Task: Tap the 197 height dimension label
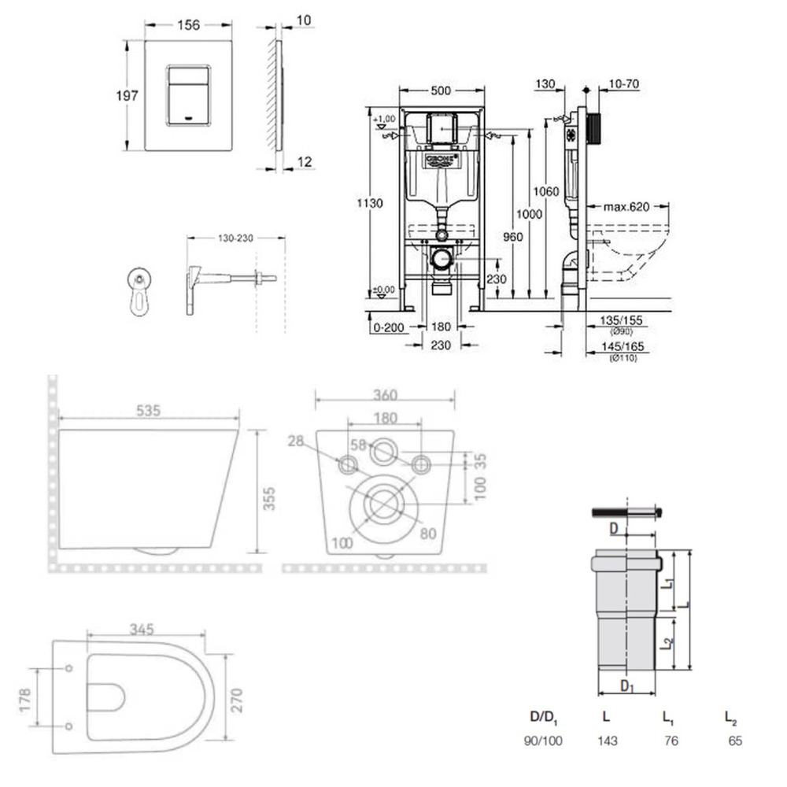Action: tap(127, 95)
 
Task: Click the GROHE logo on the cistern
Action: tap(442, 161)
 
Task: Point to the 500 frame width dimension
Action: tap(441, 91)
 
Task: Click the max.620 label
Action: tap(626, 208)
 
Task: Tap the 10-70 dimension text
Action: tap(622, 84)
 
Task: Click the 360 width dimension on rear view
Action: tap(385, 395)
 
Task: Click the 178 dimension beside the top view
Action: tap(24, 697)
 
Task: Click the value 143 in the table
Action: tap(607, 741)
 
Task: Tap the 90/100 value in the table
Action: tap(543, 741)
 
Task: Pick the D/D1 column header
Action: tap(543, 718)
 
